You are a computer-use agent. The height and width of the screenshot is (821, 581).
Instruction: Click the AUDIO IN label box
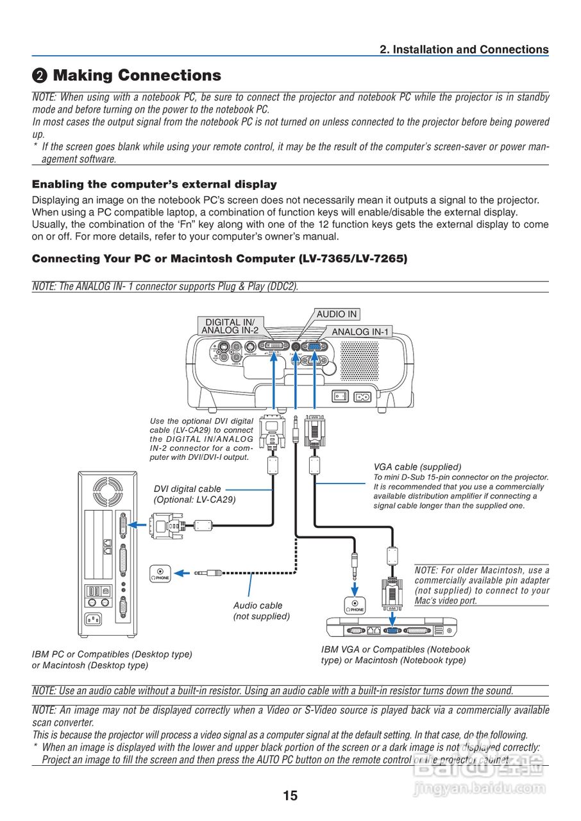click(x=337, y=314)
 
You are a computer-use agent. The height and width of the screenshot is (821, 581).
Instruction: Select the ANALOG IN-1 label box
click(x=360, y=332)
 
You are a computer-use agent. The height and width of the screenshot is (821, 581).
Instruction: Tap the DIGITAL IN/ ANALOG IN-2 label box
click(x=230, y=326)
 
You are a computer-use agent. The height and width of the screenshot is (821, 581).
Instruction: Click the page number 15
click(x=290, y=795)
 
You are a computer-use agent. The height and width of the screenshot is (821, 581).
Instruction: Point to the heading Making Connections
click(x=137, y=76)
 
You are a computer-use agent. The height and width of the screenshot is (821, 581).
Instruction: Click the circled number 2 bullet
click(x=40, y=76)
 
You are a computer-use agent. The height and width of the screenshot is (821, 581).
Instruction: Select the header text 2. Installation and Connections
click(x=464, y=49)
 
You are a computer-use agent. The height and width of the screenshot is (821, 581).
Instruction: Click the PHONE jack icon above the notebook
click(x=355, y=605)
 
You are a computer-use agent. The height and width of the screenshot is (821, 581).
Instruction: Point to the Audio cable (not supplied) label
click(x=261, y=611)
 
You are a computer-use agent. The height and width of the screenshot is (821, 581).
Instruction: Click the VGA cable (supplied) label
click(x=417, y=467)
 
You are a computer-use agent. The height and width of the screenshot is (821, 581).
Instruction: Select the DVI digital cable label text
click(x=187, y=489)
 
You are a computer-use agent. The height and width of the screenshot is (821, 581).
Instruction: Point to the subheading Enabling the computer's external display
click(x=155, y=184)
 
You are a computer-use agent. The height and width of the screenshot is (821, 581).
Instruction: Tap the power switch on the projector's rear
click(x=340, y=396)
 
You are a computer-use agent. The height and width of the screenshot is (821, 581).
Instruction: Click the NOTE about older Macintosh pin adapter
click(x=482, y=585)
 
